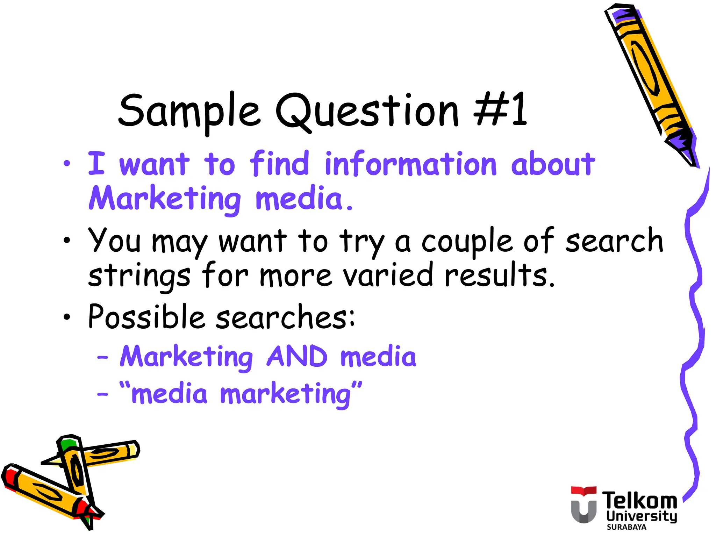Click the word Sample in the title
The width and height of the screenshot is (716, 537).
point(189,111)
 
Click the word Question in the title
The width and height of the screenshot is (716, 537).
point(367,111)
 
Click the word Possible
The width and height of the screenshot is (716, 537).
point(146,317)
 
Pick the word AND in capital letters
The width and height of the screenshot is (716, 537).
point(297,357)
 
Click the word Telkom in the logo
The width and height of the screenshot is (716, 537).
point(639,501)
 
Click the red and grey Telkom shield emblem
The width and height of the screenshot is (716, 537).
point(583,504)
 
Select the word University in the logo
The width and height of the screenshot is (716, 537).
point(642,516)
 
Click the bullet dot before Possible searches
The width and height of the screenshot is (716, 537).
point(67,317)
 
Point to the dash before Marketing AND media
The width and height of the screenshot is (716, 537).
point(102,357)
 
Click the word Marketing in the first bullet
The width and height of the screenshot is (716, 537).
point(164,199)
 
